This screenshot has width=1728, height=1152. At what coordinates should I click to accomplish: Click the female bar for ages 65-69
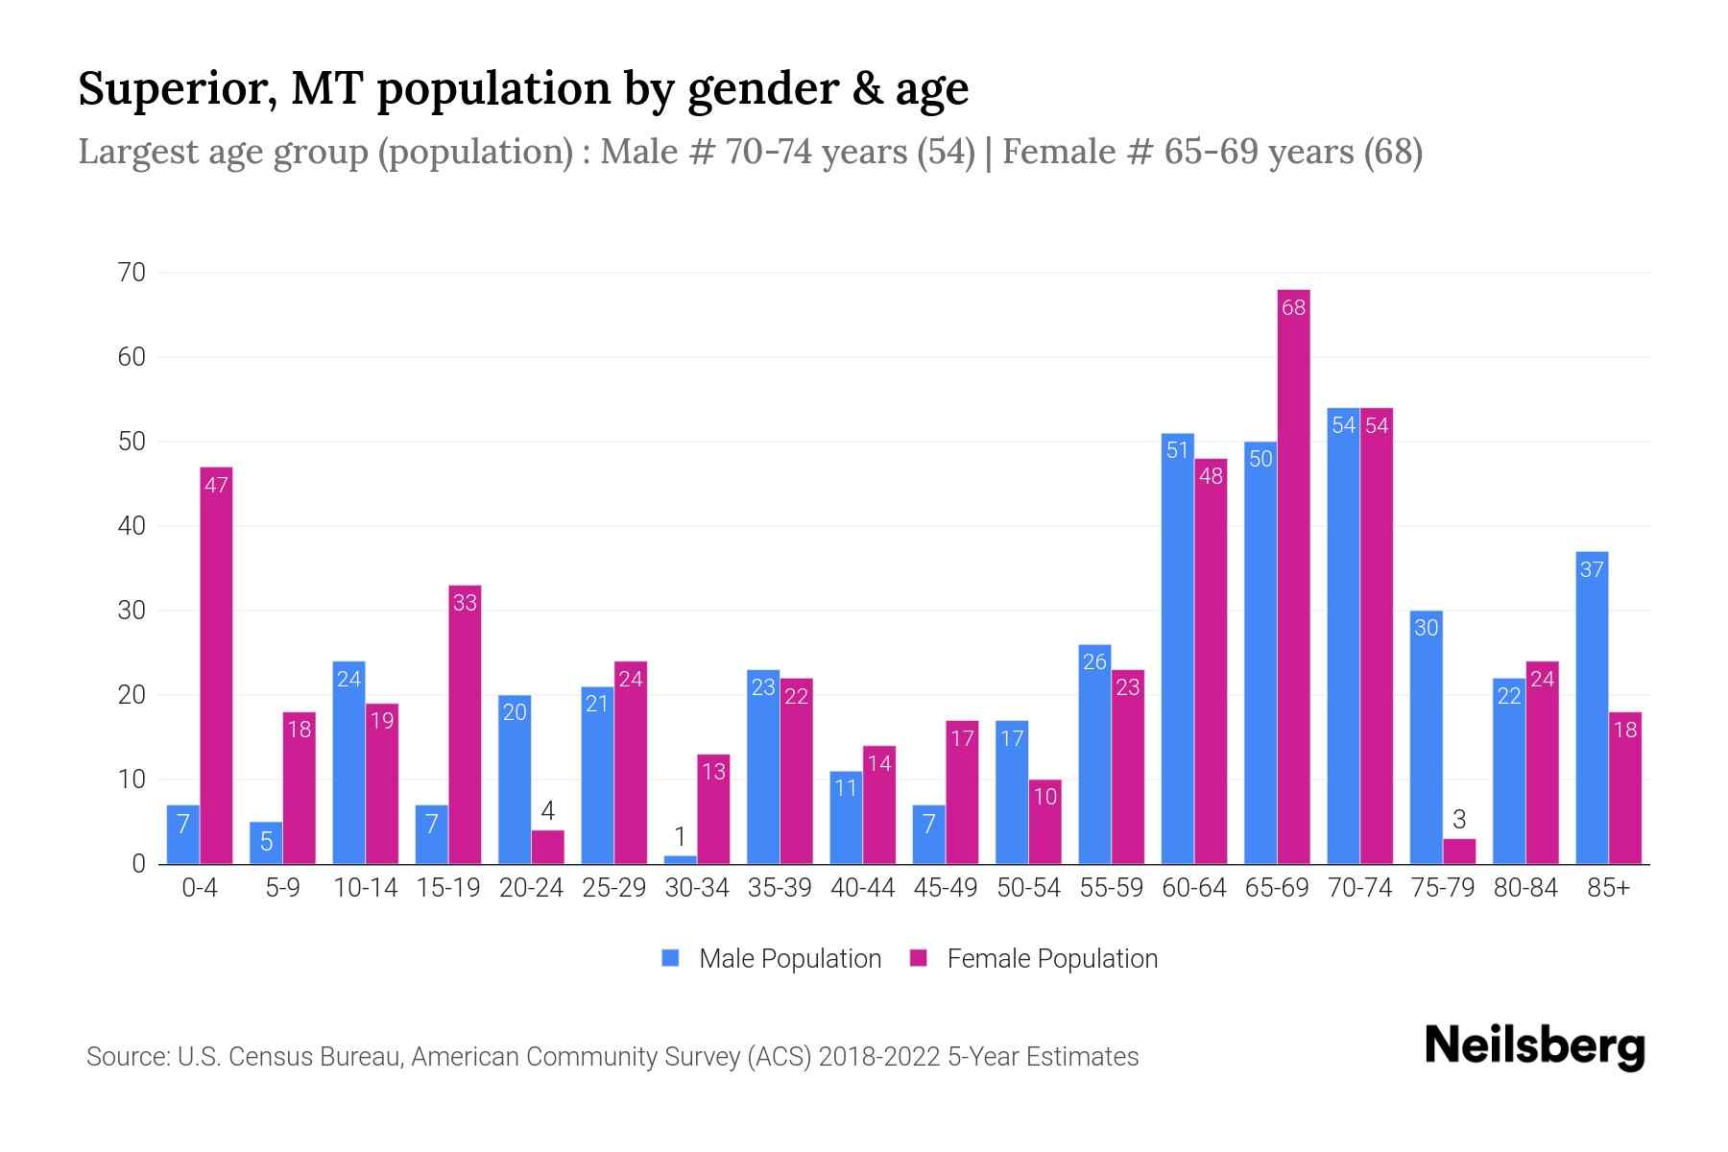tap(1293, 576)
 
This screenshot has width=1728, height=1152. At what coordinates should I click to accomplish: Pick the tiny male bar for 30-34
tap(680, 859)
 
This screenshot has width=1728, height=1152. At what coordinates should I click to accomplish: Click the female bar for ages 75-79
tap(1459, 852)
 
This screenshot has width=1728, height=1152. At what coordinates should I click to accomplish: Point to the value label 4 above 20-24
tap(547, 811)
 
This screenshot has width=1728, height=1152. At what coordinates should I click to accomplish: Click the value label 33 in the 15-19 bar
tap(465, 603)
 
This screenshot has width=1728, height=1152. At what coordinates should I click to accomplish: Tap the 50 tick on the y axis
tap(132, 442)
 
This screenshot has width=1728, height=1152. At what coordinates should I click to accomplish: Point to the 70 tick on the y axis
tap(132, 273)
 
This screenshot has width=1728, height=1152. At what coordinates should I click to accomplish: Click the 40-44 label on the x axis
tap(862, 888)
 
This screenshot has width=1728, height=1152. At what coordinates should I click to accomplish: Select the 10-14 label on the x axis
tap(365, 888)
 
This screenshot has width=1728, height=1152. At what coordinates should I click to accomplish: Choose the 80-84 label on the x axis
tap(1525, 888)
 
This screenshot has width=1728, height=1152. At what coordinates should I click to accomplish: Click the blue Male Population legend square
tap(670, 958)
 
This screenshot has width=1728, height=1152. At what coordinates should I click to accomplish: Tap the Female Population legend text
tap(1052, 958)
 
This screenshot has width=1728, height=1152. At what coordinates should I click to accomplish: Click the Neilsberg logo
tap(1534, 1045)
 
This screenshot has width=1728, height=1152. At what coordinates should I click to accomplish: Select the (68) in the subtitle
tap(1393, 152)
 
